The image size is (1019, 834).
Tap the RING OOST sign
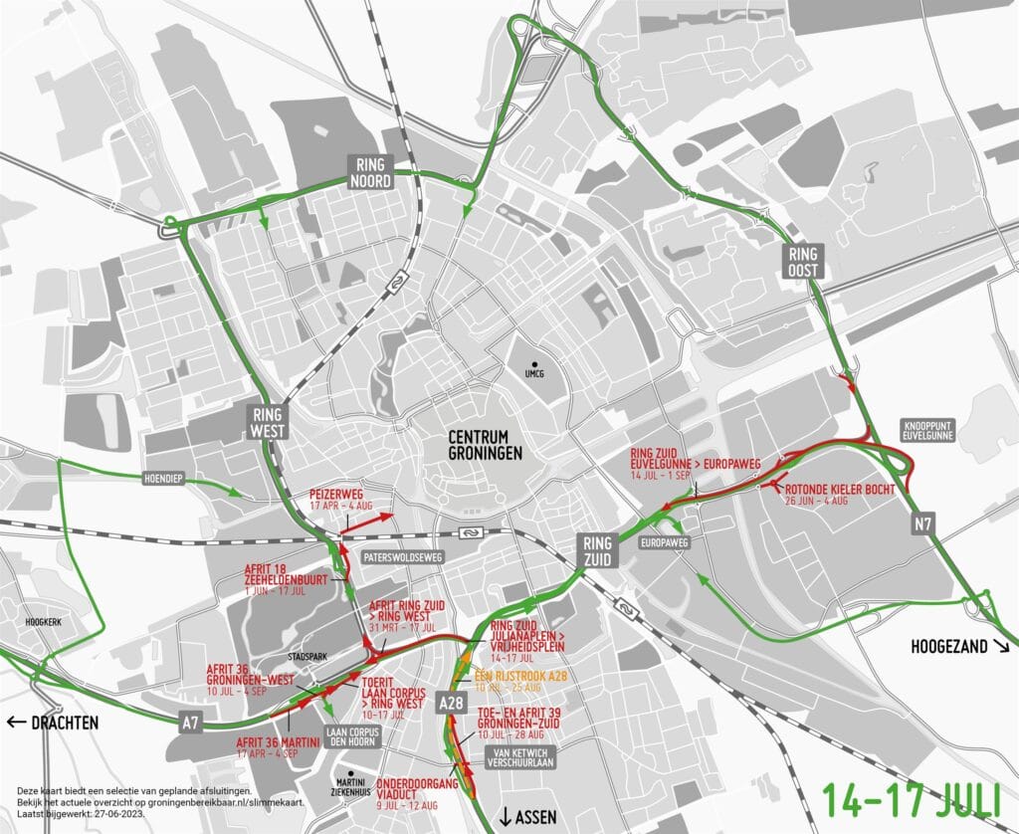pyautogui.click(x=802, y=261)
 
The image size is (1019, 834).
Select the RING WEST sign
pyautogui.click(x=269, y=423)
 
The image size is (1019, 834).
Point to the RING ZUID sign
pyautogui.click(x=598, y=550)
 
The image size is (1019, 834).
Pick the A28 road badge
pyautogui.click(x=452, y=704)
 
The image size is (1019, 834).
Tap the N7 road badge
pyautogui.click(x=924, y=524)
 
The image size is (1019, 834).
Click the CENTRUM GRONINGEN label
pyautogui.click(x=486, y=445)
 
